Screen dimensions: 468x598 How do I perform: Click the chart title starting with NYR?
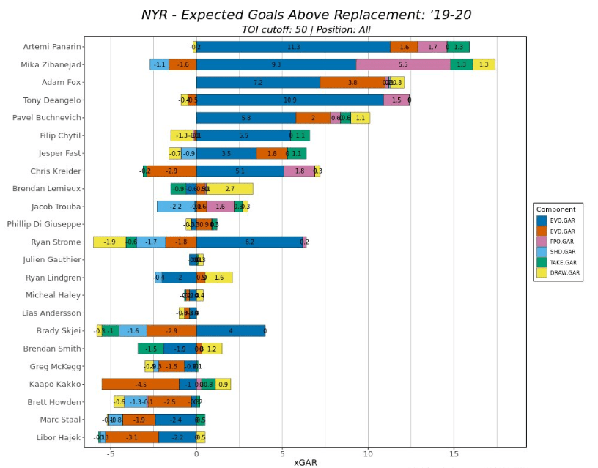[x=306, y=14]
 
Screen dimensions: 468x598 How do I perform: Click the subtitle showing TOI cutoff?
[x=306, y=29]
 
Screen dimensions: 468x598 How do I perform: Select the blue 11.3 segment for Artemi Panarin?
[x=293, y=47]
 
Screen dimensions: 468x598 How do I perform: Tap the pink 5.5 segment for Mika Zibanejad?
[x=403, y=64]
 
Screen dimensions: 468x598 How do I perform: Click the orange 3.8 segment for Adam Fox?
[x=352, y=83]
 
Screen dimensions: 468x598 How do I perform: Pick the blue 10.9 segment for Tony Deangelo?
[x=289, y=100]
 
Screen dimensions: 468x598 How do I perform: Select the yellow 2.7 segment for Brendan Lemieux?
[x=230, y=189]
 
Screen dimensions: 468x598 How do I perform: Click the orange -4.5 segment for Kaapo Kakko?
[x=141, y=384]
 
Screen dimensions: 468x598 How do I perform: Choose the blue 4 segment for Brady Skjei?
[x=230, y=330]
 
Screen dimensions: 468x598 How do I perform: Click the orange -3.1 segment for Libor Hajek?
[x=132, y=437]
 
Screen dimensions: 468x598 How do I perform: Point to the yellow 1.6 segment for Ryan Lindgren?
[x=219, y=278]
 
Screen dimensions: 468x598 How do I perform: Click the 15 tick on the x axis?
[x=454, y=453]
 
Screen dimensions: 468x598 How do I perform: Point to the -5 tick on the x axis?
[x=110, y=453]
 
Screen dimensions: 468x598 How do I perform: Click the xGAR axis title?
[x=306, y=463]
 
